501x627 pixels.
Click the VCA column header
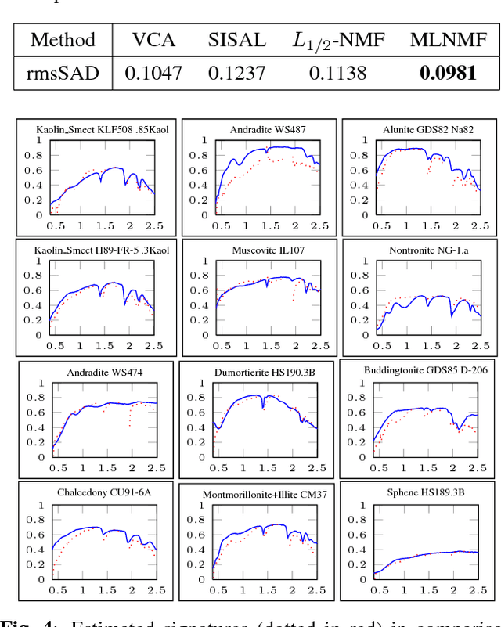coord(155,40)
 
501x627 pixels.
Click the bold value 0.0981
coord(447,73)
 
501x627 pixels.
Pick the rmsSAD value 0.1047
coord(155,73)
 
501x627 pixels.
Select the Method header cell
coord(63,40)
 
